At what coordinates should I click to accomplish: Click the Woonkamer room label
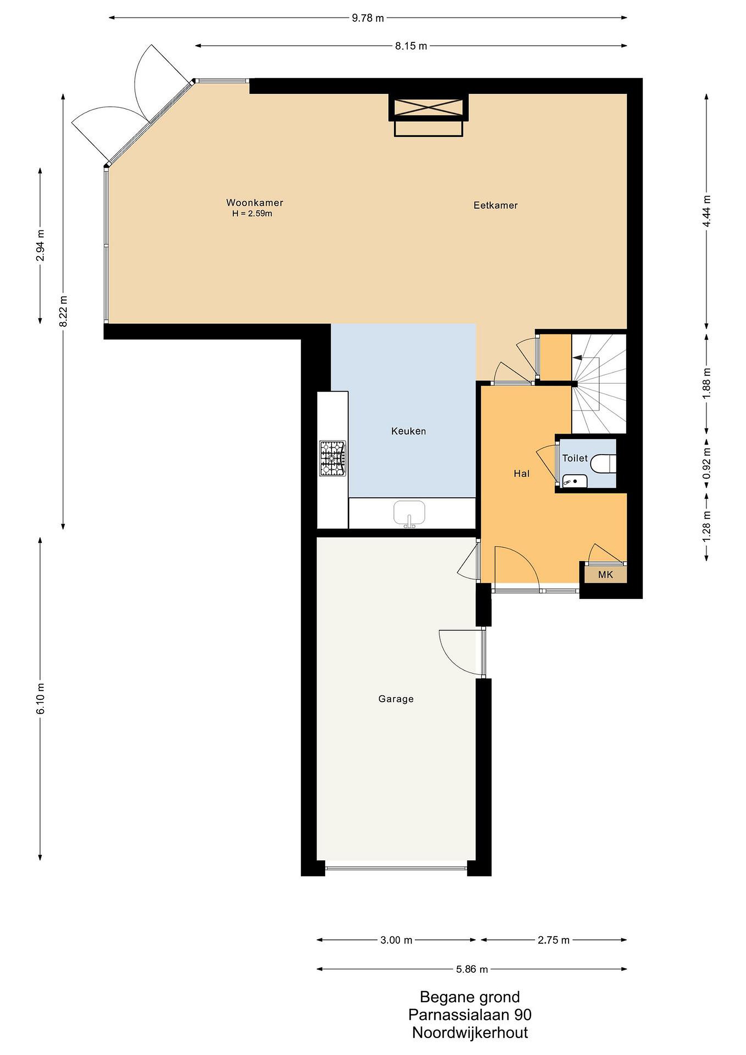[x=255, y=203]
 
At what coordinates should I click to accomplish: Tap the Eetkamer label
[x=496, y=206]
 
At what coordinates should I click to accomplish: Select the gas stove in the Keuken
[x=333, y=458]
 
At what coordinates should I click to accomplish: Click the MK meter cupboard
[x=605, y=574]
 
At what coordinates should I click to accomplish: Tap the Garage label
[x=396, y=699]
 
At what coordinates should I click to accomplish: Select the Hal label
[x=522, y=473]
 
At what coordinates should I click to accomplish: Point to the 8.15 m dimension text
[x=411, y=46]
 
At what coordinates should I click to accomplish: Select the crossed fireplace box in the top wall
[x=428, y=107]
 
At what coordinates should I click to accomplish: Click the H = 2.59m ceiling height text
[x=252, y=214]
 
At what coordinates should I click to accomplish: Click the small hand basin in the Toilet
[x=575, y=481]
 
